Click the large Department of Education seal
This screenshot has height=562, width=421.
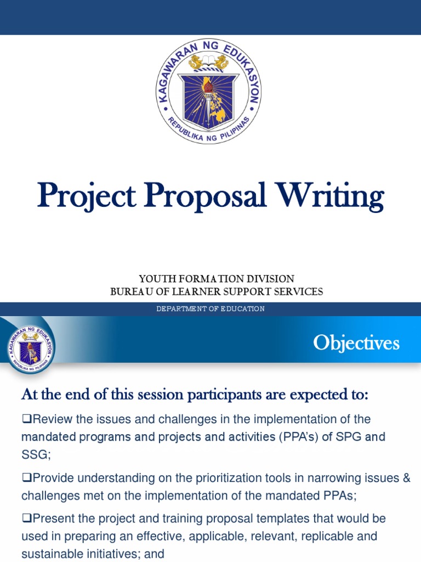coord(209,93)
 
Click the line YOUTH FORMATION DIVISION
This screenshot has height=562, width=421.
coord(217,279)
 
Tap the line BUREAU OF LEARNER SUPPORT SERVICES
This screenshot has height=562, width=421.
coord(217,292)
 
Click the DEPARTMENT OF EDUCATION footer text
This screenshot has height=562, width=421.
coord(210,309)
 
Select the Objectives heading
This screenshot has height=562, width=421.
coord(356,343)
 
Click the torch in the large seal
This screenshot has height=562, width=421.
coord(207,93)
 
